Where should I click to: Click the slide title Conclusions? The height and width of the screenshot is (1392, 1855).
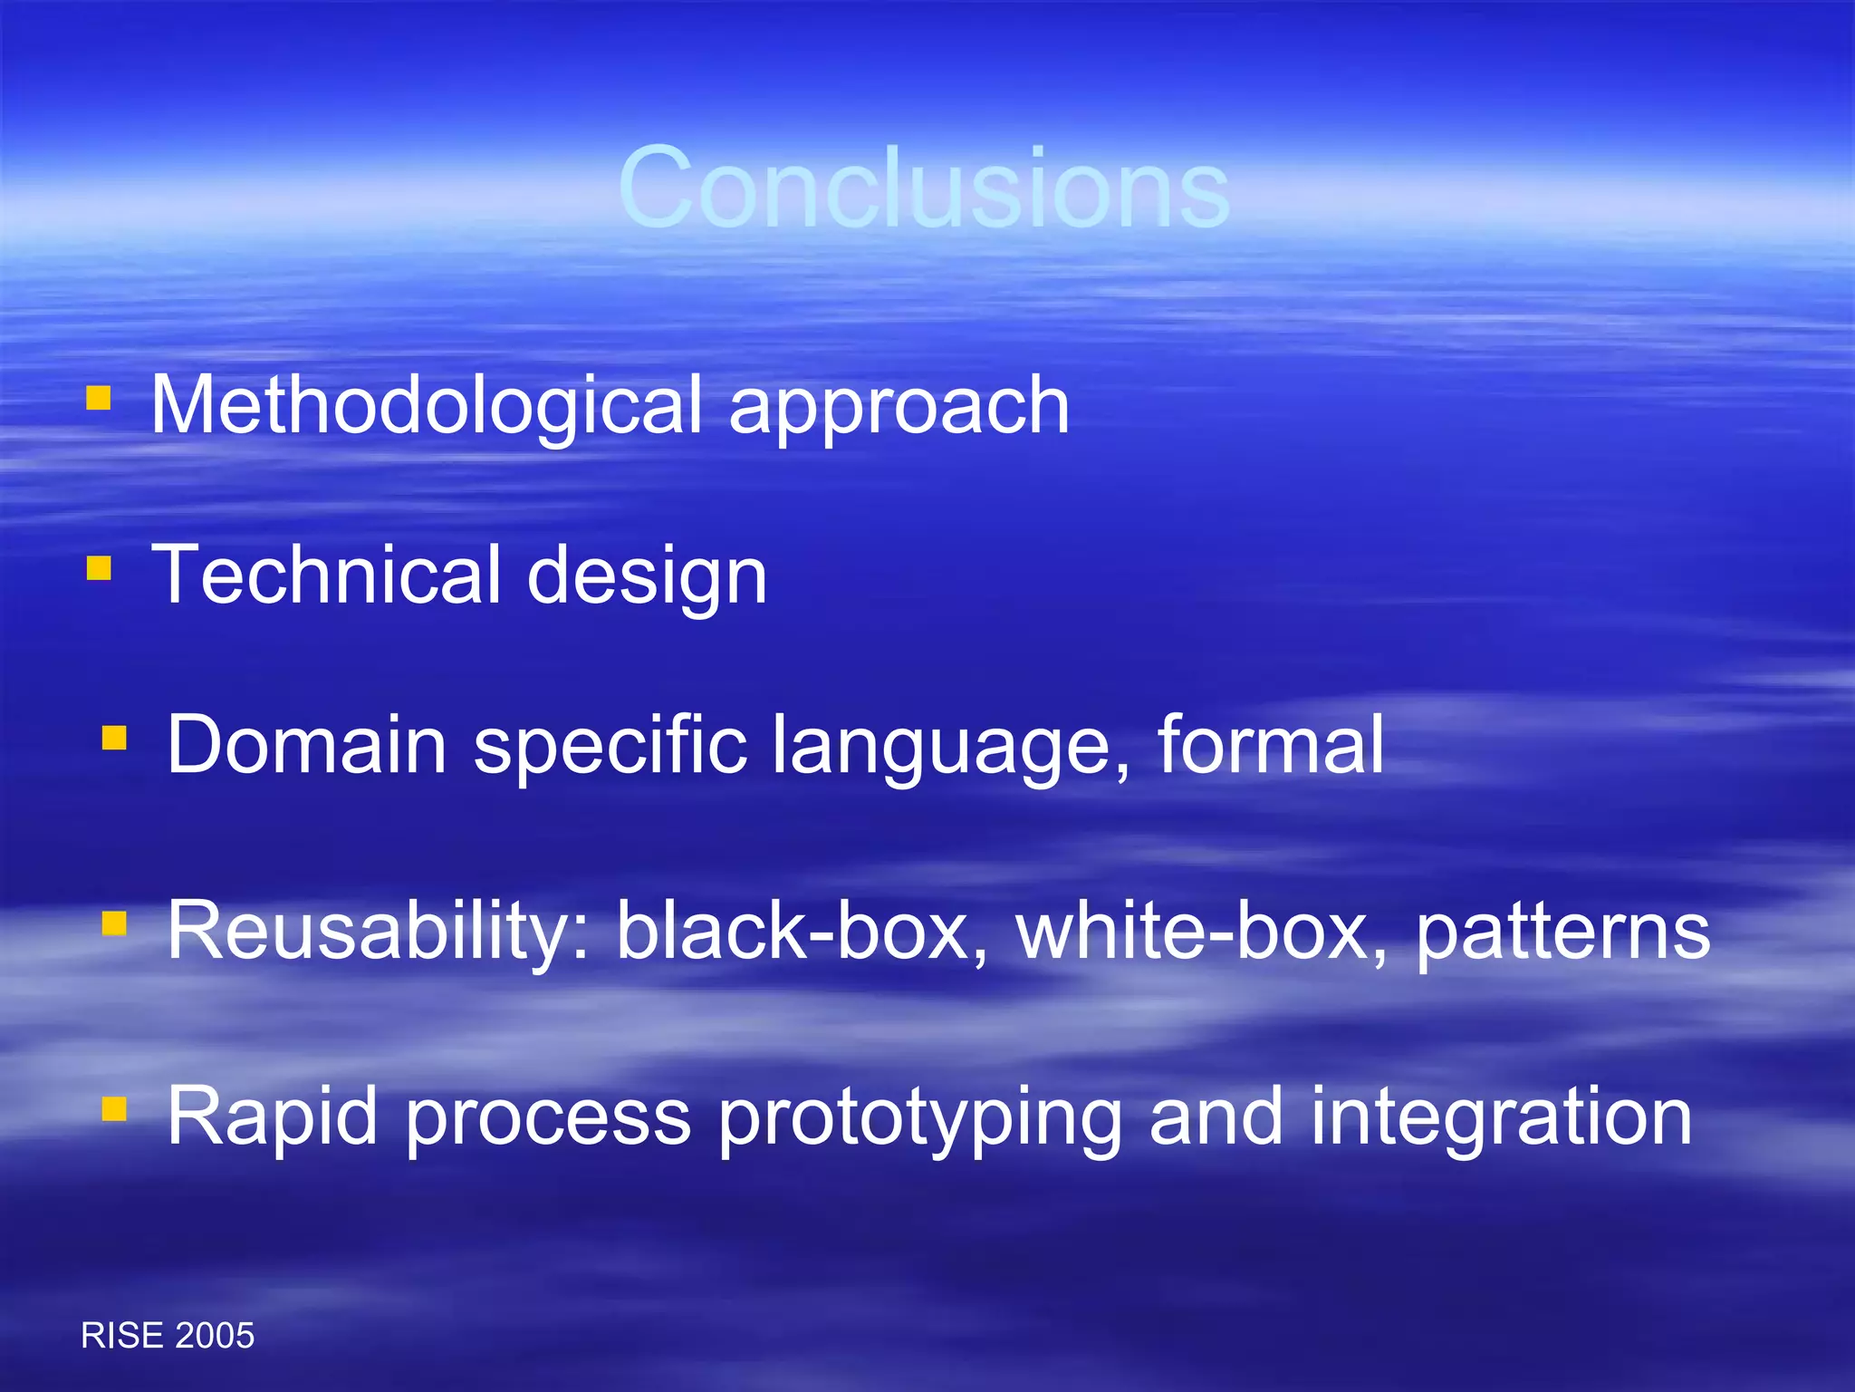924,188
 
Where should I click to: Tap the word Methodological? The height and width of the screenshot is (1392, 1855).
427,405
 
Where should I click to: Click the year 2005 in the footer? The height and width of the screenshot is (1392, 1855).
215,1336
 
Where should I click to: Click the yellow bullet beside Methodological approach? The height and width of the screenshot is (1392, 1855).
99,399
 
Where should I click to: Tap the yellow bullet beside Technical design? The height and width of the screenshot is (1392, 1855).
99,568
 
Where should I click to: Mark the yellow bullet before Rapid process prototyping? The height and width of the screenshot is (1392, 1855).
114,1108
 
